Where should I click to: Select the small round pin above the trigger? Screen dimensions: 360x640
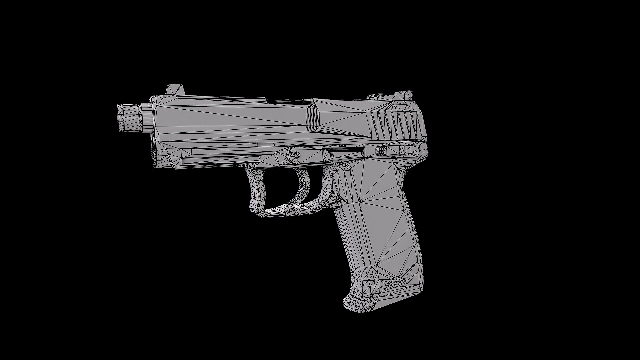click(x=296, y=154)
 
